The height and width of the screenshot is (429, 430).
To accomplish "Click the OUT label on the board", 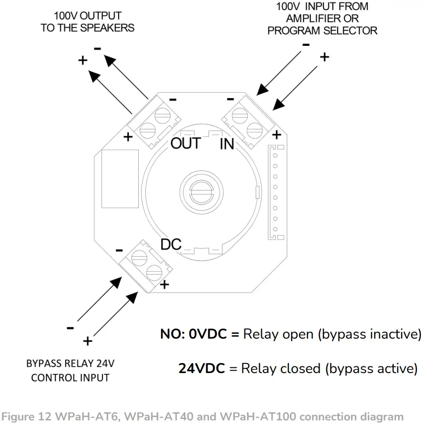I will point(185,143).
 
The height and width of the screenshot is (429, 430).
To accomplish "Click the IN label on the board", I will point(227,143).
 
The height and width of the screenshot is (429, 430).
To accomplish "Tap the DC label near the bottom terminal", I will point(171,244).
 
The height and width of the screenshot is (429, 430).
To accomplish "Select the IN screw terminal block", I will point(246,121).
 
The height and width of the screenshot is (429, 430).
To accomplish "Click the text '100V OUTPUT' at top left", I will point(88,16).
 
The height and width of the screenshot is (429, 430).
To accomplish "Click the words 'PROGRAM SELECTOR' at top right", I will point(322,31).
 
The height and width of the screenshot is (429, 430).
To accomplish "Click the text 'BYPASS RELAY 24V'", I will point(70,363).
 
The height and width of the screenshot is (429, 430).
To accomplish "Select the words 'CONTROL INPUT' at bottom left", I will point(70,378).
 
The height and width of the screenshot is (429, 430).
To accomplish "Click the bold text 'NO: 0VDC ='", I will point(199,334).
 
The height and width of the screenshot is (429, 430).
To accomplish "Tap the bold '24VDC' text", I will point(201,369).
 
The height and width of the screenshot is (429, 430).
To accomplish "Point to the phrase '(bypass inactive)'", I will point(370,334).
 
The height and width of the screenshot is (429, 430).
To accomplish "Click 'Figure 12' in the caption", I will point(23,417).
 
